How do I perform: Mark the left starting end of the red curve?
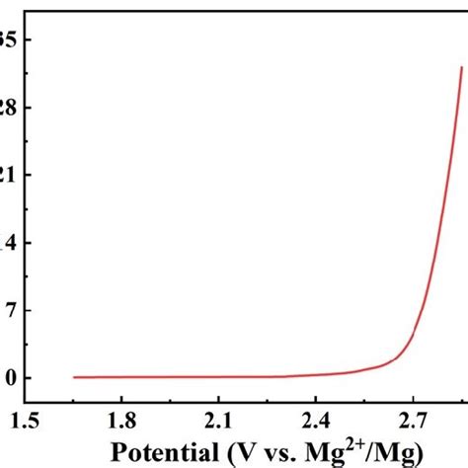(74, 377)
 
